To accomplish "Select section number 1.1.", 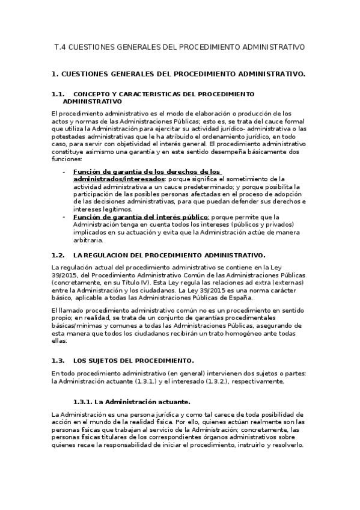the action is tap(58, 94).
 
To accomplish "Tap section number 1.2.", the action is tap(58, 255).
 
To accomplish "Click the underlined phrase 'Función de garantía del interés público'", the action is tap(141, 217).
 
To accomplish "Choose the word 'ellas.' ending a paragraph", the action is tap(60, 340).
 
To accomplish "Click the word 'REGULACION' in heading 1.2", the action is tap(111, 255).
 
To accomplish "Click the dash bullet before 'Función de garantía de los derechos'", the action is tap(64, 171).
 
